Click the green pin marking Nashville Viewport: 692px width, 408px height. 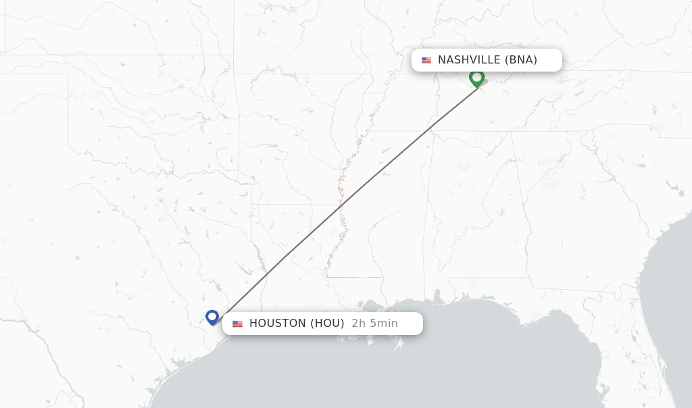pyautogui.click(x=476, y=78)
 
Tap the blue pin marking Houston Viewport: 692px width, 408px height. pyautogui.click(x=212, y=317)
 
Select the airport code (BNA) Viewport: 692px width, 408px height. pyautogui.click(x=520, y=60)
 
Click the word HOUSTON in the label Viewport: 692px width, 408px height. pyautogui.click(x=277, y=324)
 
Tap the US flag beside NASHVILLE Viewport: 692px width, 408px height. pyautogui.click(x=426, y=60)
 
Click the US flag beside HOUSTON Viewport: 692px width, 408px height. pyautogui.click(x=237, y=324)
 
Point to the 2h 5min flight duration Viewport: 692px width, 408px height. pyautogui.click(x=374, y=324)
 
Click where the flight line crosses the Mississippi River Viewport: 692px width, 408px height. pyautogui.click(x=343, y=203)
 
